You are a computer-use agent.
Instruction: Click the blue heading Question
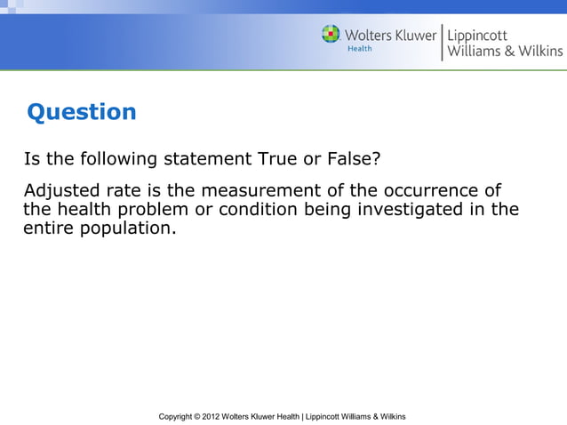pos(82,112)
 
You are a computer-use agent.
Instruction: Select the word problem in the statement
pos(156,210)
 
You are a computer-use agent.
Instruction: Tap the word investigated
pos(418,210)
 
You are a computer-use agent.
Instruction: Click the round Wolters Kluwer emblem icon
pos(331,35)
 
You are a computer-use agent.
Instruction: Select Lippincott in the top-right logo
pos(477,35)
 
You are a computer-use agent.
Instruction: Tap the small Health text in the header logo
pos(359,49)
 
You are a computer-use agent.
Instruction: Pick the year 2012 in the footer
pos(212,416)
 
